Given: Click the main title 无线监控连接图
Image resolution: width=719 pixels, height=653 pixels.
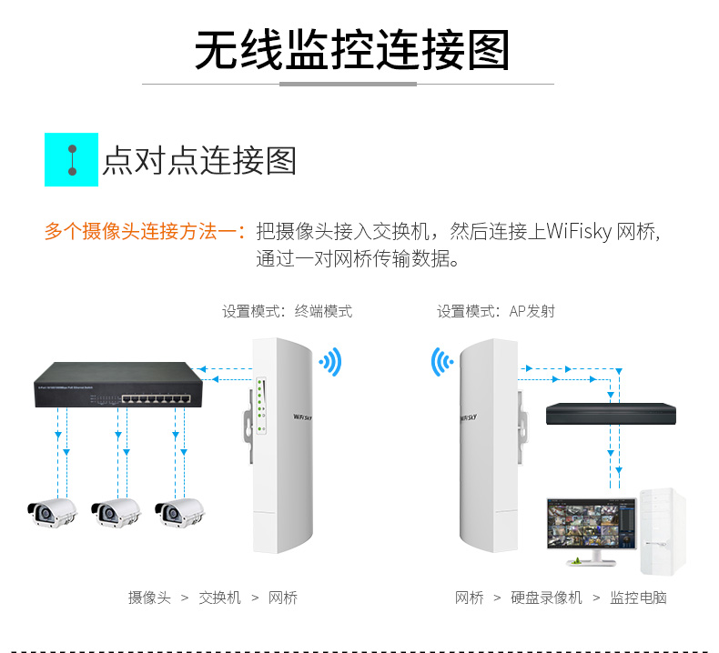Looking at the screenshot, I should click(351, 50).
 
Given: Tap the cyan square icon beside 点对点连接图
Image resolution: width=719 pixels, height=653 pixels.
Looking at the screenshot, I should click(71, 160).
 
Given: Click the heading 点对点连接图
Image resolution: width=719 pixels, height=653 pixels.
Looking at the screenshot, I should click(199, 161).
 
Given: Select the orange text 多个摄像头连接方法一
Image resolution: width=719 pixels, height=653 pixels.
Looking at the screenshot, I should click(144, 231).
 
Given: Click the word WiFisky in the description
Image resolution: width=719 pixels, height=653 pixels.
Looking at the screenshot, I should click(579, 231).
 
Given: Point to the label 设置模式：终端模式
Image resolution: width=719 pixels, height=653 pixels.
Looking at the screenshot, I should click(287, 311).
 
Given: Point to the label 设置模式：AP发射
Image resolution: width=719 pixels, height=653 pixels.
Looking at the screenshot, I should click(495, 311).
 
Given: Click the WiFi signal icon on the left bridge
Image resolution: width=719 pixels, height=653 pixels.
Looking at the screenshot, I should click(330, 362).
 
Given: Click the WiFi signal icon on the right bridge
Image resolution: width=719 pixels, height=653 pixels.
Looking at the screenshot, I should click(441, 362).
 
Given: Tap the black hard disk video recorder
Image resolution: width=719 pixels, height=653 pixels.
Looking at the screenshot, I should click(611, 414).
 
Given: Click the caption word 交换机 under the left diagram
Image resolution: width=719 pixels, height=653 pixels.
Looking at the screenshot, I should click(220, 598).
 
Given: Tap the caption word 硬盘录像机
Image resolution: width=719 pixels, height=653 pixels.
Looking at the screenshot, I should click(546, 598).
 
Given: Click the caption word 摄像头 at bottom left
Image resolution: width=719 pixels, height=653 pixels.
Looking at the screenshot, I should click(149, 598).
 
